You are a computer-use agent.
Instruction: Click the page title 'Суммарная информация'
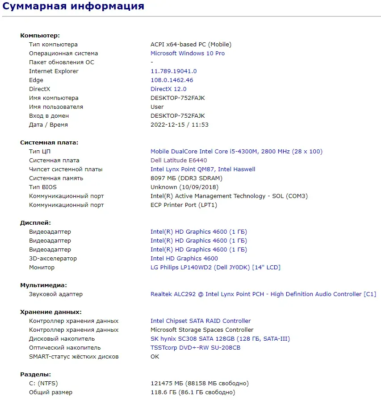74,6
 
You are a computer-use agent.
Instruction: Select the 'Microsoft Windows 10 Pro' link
188,54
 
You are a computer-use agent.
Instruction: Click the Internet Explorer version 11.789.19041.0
173,71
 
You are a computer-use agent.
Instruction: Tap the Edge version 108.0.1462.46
172,80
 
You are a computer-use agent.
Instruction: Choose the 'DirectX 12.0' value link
168,89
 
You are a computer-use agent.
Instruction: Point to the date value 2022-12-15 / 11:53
180,125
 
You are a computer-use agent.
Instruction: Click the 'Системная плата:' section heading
49,143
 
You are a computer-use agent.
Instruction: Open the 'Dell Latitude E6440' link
179,161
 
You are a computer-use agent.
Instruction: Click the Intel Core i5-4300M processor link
236,152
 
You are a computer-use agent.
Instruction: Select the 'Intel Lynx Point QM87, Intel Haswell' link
203,169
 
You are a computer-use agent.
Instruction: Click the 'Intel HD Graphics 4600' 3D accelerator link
184,259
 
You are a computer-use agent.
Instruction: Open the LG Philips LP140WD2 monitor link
215,268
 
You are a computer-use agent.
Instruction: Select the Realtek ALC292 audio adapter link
263,294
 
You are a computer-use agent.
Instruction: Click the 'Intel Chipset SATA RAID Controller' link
201,321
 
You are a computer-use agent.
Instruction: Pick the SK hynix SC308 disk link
220,339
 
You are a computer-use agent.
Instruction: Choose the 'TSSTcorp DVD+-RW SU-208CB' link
195,348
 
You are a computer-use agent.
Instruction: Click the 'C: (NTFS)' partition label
43,384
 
